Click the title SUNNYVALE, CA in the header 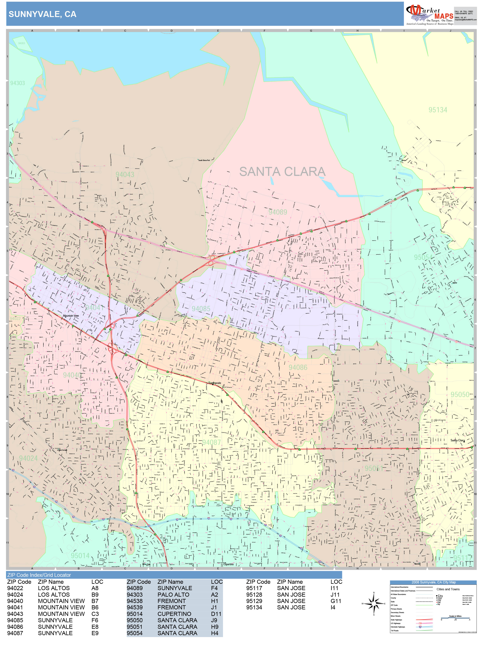click(42, 14)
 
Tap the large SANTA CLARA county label click(282, 172)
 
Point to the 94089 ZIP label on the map click(277, 212)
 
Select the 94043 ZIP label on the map click(125, 174)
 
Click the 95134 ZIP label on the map click(438, 110)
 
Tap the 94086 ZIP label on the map click(298, 367)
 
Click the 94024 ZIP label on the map click(28, 458)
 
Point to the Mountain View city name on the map click(71, 316)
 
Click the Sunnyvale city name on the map click(215, 383)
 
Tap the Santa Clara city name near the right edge click(457, 440)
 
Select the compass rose click(374, 603)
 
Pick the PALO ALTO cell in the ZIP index click(173, 595)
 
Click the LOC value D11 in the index click(216, 614)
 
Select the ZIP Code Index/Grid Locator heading click(39, 575)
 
